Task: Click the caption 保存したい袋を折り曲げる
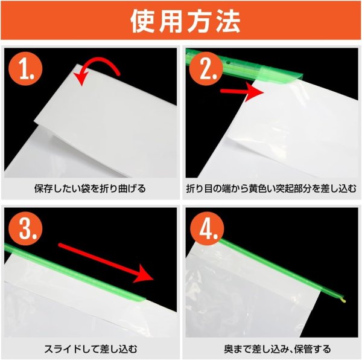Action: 90,188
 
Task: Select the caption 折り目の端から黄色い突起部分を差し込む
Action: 271,188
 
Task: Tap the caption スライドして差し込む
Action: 90,349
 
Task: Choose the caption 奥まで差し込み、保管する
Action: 271,349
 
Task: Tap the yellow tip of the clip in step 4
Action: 343,299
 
